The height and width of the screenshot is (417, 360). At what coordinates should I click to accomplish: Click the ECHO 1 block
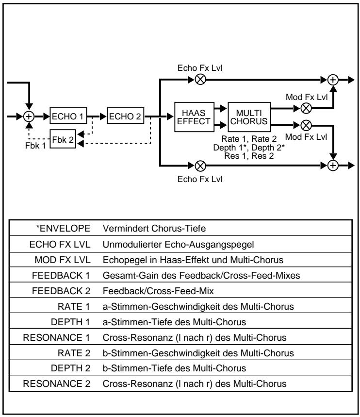68,117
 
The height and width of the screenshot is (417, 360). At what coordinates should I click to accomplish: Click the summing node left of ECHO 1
29,117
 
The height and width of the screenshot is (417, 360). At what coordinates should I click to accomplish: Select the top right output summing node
333,78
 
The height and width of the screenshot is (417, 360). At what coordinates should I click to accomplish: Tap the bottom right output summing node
333,165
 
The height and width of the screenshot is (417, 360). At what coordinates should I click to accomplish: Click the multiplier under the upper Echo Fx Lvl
199,78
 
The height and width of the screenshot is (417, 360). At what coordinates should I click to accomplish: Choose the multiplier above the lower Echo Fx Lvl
199,165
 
